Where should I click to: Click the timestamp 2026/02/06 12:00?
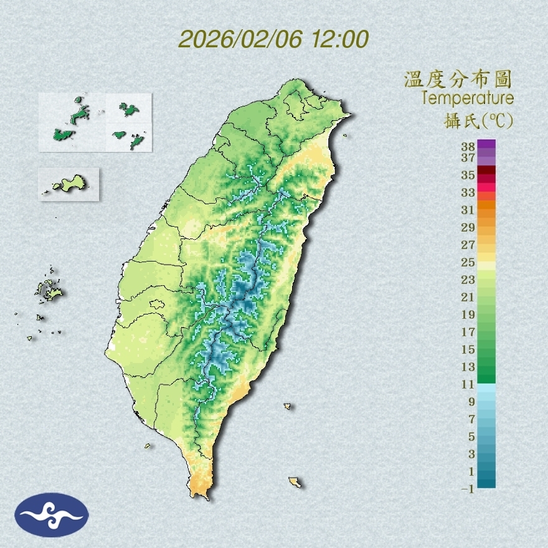pyautogui.click(x=273, y=39)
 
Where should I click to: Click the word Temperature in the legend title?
pyautogui.click(x=467, y=98)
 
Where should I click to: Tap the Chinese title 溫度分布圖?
pyautogui.click(x=458, y=79)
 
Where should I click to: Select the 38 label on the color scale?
pyautogui.click(x=468, y=147)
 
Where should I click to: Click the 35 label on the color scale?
pyautogui.click(x=468, y=175)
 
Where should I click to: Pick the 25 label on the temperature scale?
pyautogui.click(x=468, y=262)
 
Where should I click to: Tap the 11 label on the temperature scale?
pyautogui.click(x=468, y=384)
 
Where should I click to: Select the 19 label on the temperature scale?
pyautogui.click(x=468, y=314)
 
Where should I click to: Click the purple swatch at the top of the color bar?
pyautogui.click(x=486, y=144)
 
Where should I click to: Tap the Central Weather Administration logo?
pyautogui.click(x=52, y=514)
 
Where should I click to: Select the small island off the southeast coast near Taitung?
pyautogui.click(x=288, y=407)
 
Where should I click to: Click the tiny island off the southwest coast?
pyautogui.click(x=148, y=445)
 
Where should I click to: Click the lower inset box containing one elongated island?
pyautogui.click(x=68, y=184)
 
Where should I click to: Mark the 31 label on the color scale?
pyautogui.click(x=468, y=210)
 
